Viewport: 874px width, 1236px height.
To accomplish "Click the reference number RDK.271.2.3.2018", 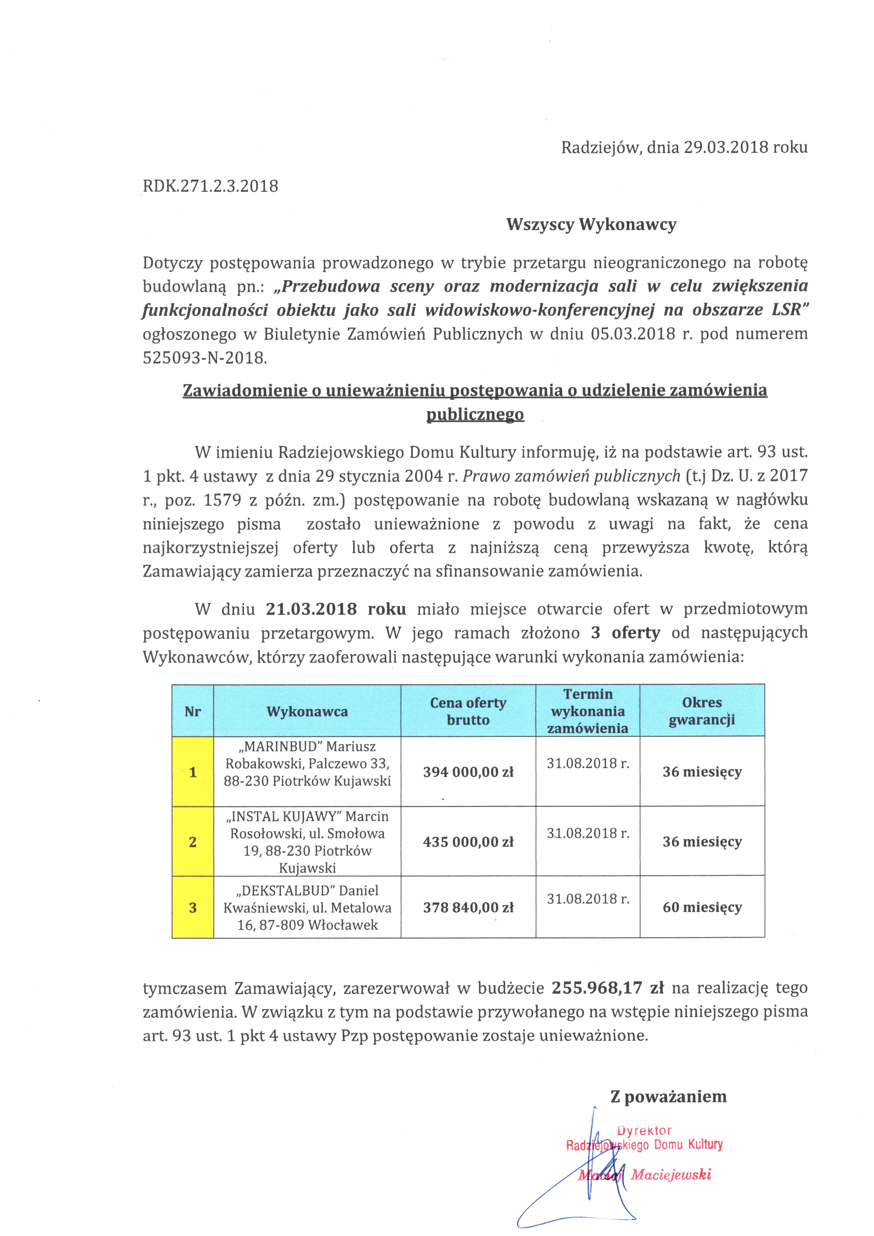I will click(x=210, y=186).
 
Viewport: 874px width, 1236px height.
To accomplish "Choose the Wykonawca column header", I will click(x=307, y=712).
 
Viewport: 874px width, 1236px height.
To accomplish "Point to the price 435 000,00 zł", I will click(x=468, y=842).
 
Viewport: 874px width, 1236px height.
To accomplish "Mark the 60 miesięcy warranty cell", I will click(x=702, y=908).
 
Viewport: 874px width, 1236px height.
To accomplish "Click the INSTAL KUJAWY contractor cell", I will click(x=307, y=842).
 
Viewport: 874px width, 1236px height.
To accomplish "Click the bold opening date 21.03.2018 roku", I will click(x=336, y=609).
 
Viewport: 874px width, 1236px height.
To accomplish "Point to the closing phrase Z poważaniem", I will click(x=668, y=1097).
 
